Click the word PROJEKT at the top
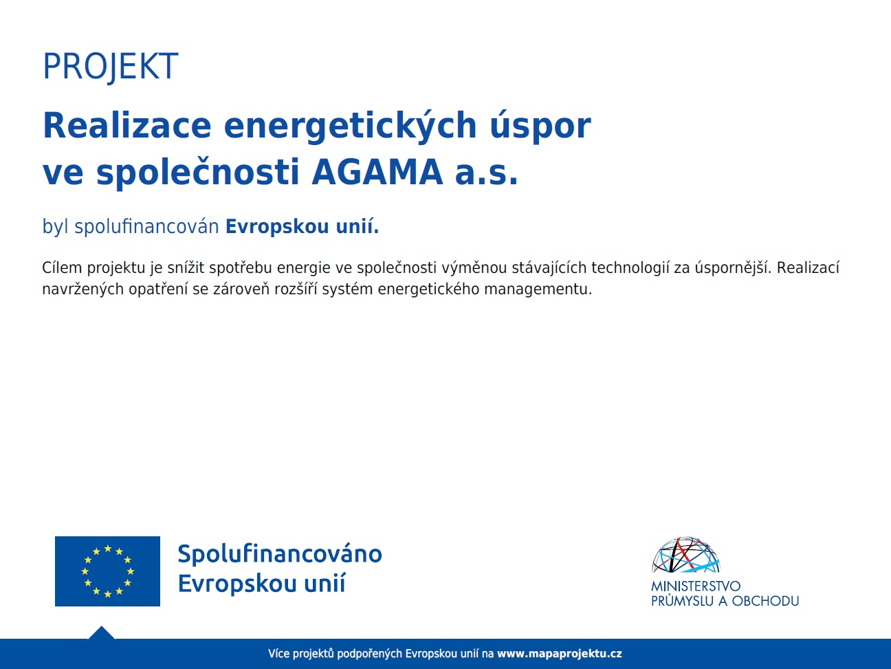click(x=111, y=66)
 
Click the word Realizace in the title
click(x=127, y=125)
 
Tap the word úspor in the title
click(x=540, y=127)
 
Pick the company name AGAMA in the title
click(x=377, y=173)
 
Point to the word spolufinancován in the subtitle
click(x=146, y=226)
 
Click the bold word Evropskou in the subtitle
click(x=277, y=226)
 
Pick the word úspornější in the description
click(x=733, y=268)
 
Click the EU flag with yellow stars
click(x=107, y=571)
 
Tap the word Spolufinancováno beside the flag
click(x=280, y=554)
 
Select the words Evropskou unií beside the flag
click(x=262, y=584)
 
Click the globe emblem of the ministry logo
click(x=686, y=555)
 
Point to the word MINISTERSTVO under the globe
click(x=696, y=586)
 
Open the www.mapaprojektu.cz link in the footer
click(x=560, y=654)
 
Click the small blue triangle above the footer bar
click(x=102, y=633)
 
